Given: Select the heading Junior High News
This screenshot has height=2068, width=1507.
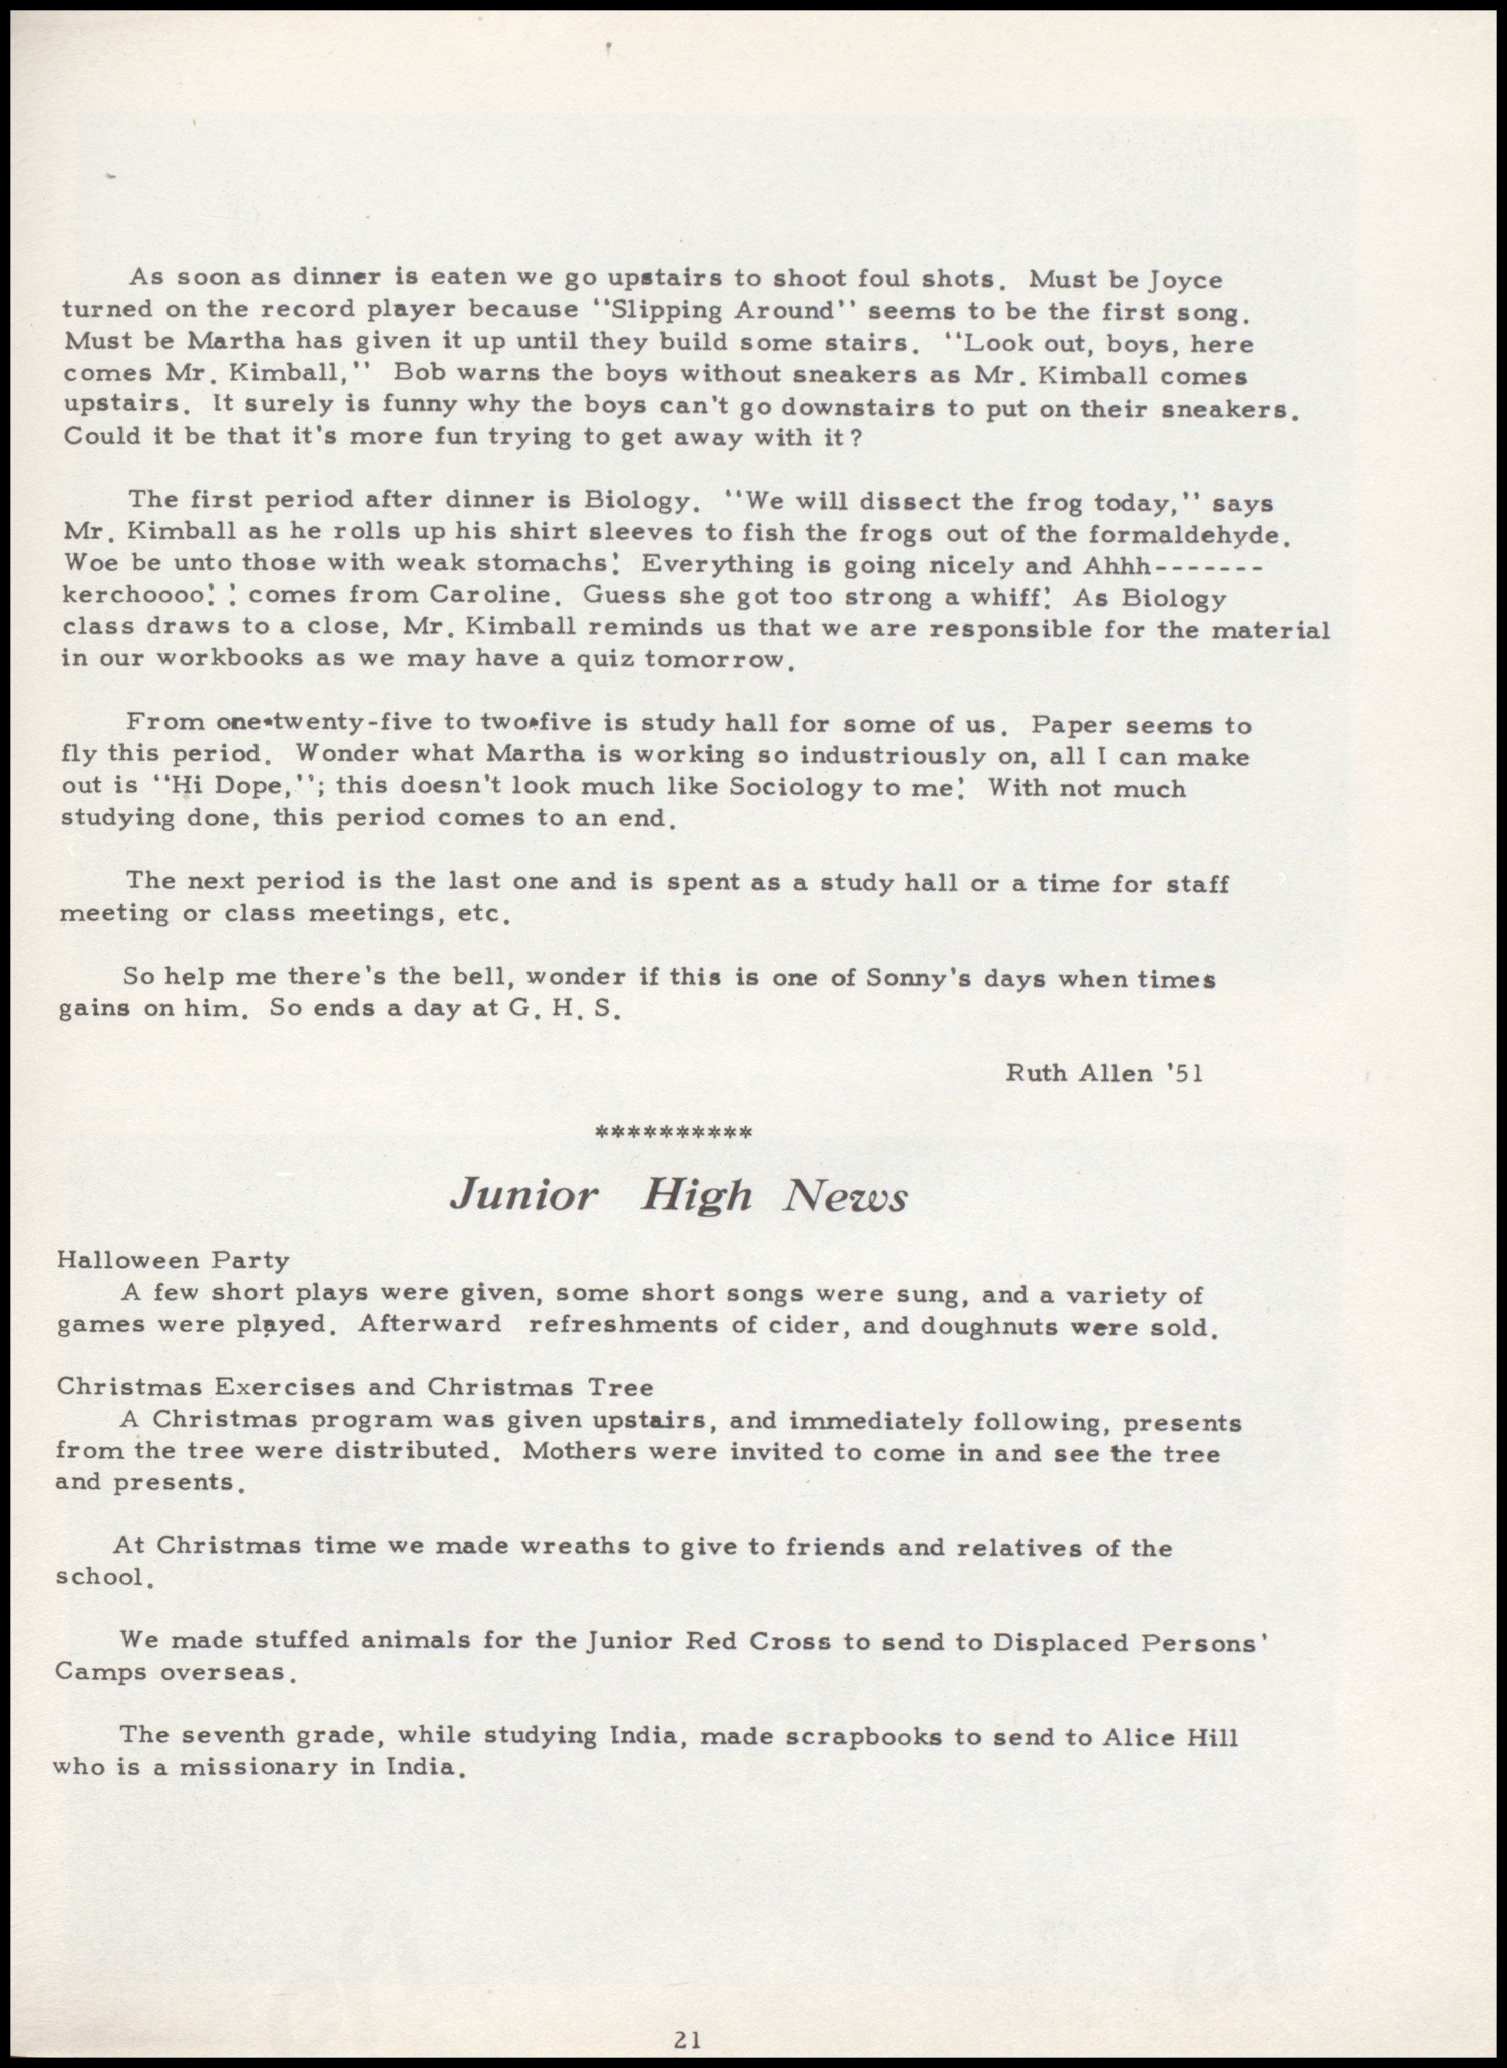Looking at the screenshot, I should [679, 1196].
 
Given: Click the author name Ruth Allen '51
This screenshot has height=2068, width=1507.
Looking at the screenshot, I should [1104, 1073].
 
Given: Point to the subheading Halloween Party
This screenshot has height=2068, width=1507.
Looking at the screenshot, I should [173, 1261].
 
